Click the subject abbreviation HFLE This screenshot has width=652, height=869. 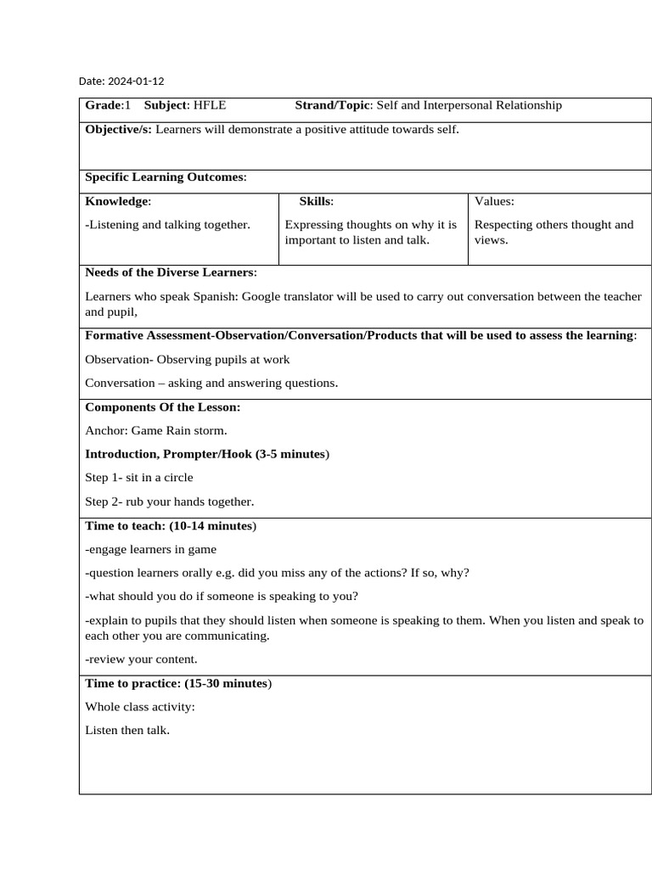click(x=210, y=105)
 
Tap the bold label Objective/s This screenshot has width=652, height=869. click(x=118, y=129)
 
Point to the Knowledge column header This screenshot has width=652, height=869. click(x=117, y=201)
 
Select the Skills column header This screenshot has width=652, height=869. click(x=316, y=201)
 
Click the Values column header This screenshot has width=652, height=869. click(x=494, y=201)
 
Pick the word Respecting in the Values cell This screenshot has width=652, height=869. click(x=503, y=225)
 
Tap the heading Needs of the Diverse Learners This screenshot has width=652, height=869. click(x=169, y=272)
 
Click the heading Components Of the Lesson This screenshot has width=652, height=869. click(x=163, y=406)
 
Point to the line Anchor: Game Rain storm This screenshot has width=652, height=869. click(x=156, y=430)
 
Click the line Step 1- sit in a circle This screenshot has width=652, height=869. click(x=139, y=477)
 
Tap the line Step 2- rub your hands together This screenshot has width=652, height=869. click(x=170, y=501)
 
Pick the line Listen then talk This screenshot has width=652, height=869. click(x=127, y=730)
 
